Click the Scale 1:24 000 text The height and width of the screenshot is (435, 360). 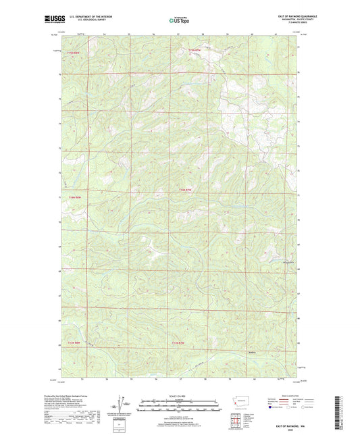click(180, 396)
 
